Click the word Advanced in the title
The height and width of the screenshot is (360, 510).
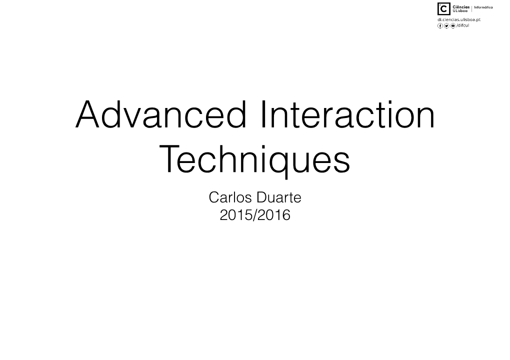[161, 114]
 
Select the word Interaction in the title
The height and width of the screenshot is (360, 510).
[347, 114]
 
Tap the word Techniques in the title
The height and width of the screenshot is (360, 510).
[254, 159]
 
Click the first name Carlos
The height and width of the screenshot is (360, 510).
[230, 197]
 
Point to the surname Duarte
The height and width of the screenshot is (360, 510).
[278, 197]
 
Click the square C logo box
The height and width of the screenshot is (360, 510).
[444, 9]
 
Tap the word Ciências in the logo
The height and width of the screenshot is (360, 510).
[461, 7]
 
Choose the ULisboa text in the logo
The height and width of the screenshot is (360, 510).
[460, 10]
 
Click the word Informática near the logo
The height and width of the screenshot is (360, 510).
[483, 7]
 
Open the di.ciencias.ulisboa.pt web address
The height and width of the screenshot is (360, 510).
[459, 19]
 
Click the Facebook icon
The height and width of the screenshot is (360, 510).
[440, 25]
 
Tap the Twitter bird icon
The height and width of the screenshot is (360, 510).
[446, 25]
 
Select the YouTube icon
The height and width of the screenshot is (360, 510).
[453, 25]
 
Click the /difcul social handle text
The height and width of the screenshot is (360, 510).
[463, 25]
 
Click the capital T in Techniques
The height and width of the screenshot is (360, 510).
[170, 159]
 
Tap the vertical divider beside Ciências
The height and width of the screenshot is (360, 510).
[472, 9]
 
